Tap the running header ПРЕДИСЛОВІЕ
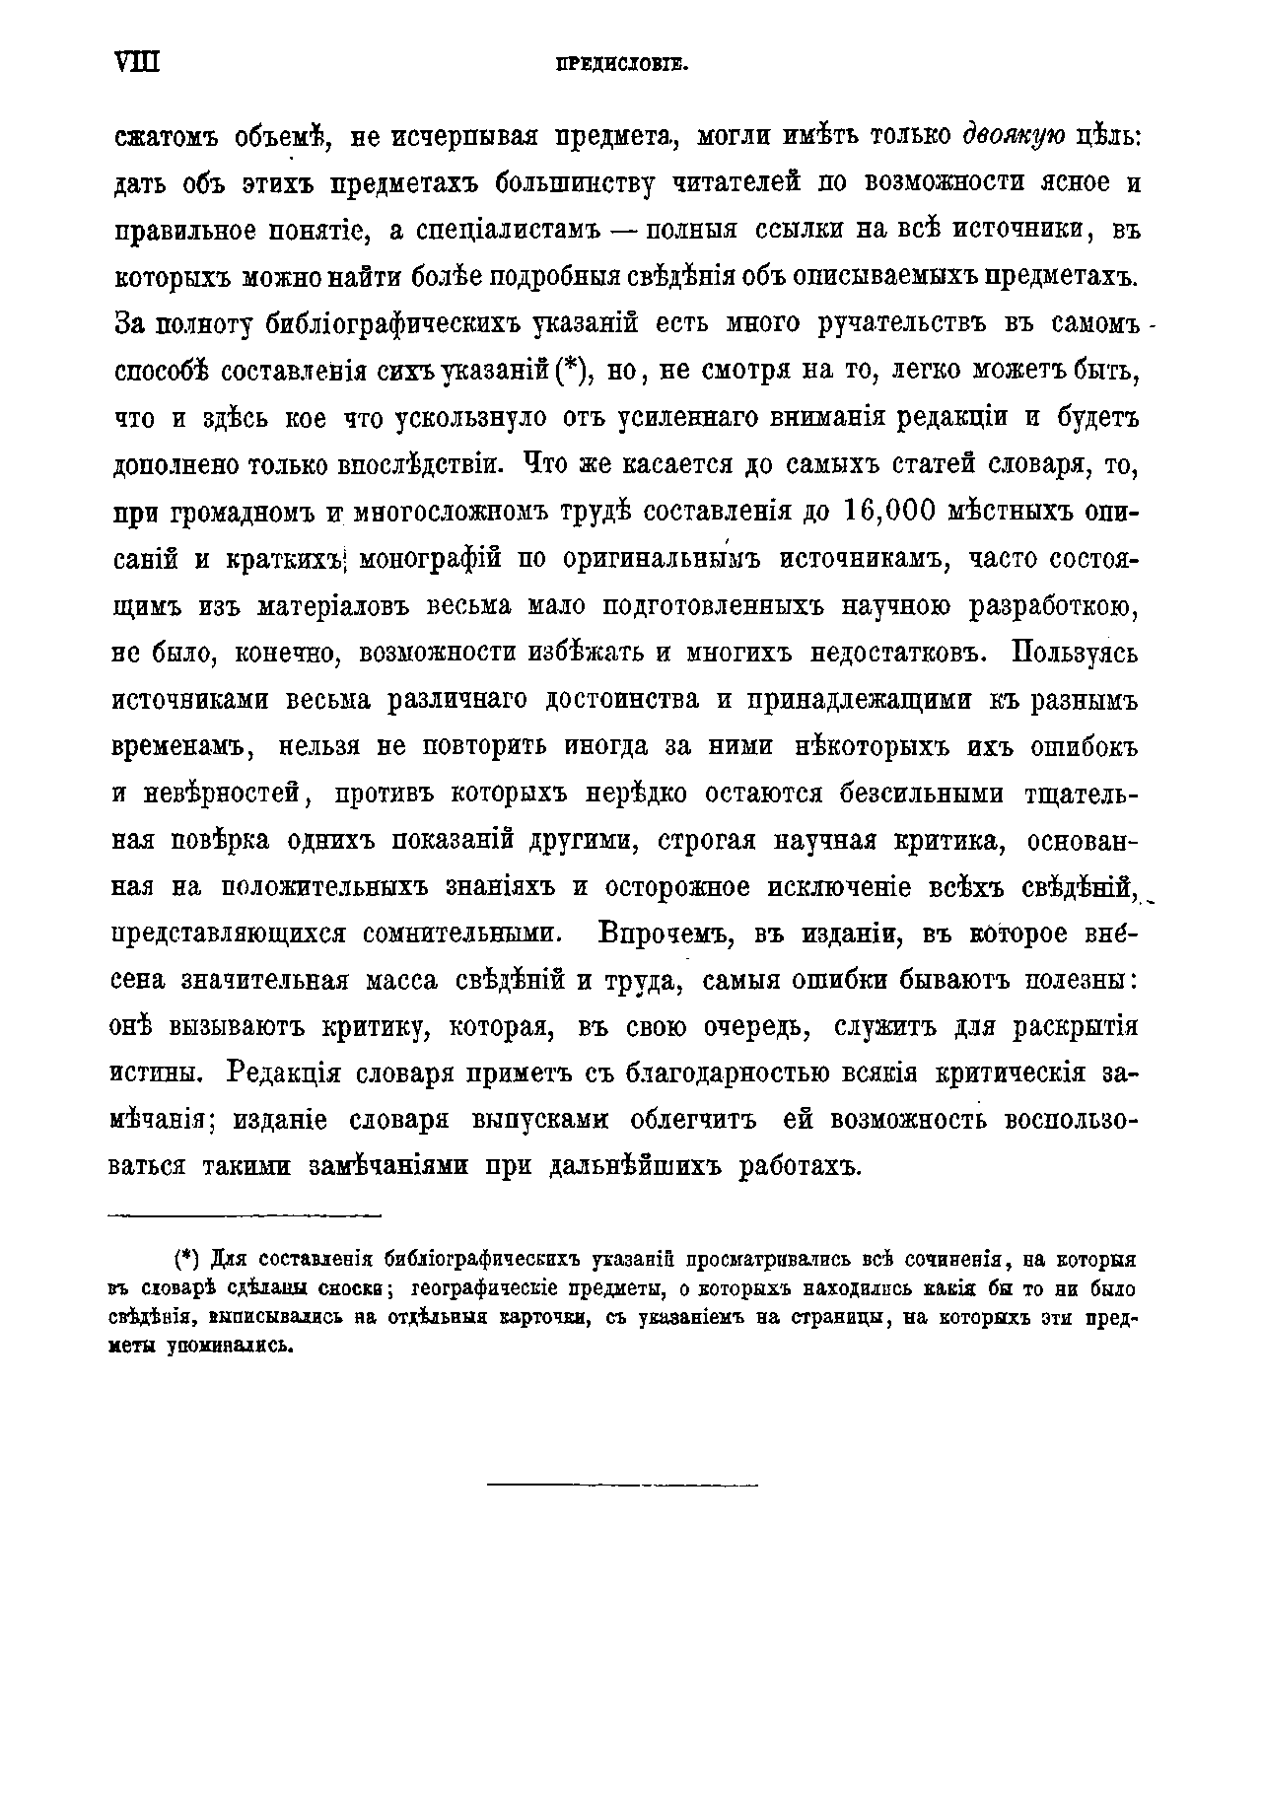(x=620, y=66)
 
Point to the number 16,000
(x=894, y=513)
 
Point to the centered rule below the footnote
(x=622, y=1485)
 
